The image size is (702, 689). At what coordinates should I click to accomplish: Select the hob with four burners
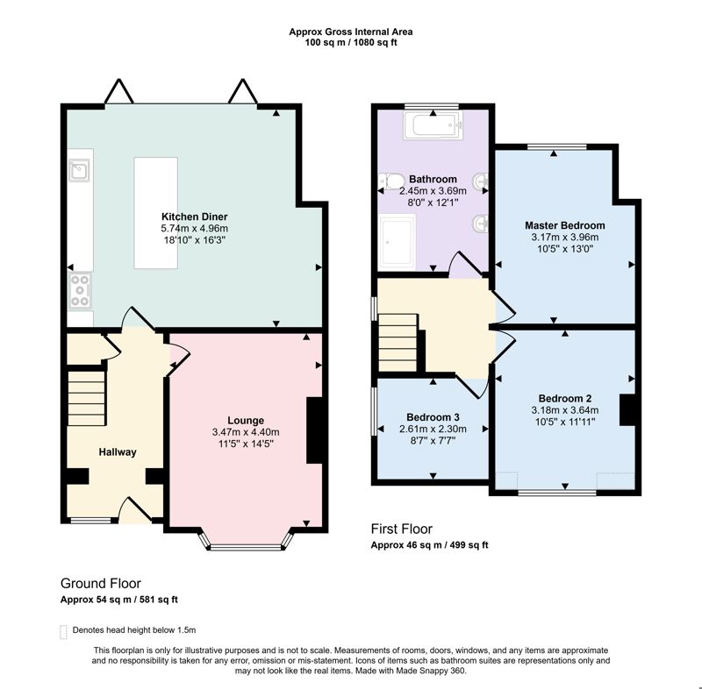coord(80,290)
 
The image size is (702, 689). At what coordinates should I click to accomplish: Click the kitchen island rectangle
coord(155,212)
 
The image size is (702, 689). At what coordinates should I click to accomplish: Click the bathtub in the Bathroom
coord(432,126)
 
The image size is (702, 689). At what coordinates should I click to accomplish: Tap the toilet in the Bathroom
coord(387,181)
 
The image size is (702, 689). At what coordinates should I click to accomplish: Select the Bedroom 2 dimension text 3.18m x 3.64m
coord(564,409)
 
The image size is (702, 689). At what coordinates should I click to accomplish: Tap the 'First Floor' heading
coord(402,529)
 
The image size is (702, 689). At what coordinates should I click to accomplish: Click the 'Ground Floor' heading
coord(100,583)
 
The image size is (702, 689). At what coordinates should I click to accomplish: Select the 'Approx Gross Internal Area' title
coord(351,32)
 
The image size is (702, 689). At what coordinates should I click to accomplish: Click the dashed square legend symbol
coord(63,630)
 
